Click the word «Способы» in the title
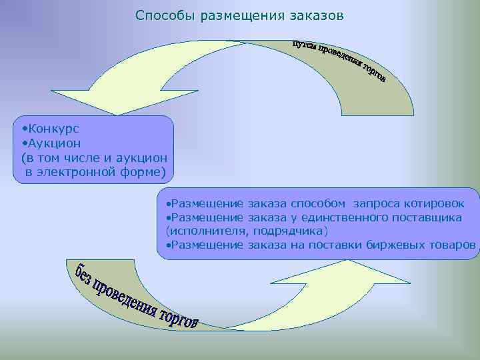coord(161,15)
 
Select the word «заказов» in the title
coord(313,15)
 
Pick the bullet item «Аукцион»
coord(53,143)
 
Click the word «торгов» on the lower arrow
coord(178,319)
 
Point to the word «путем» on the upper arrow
coord(304,45)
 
